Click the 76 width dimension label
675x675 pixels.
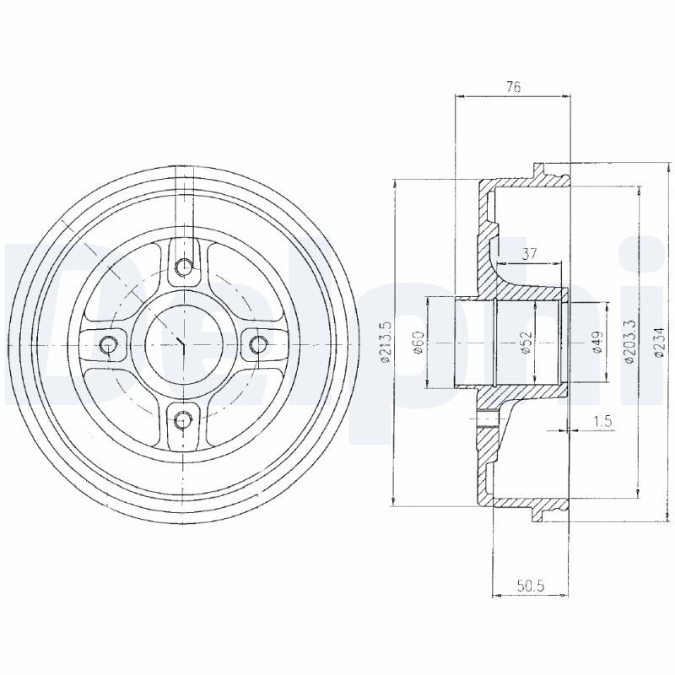point(513,87)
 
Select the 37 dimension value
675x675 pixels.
point(530,254)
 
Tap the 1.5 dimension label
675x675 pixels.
point(602,421)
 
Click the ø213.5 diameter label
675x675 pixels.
point(384,343)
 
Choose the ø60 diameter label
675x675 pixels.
point(419,343)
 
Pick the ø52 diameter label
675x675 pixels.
point(526,343)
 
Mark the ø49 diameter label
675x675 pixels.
point(597,343)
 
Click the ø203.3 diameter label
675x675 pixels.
point(629,343)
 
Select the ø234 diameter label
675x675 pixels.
point(659,343)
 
